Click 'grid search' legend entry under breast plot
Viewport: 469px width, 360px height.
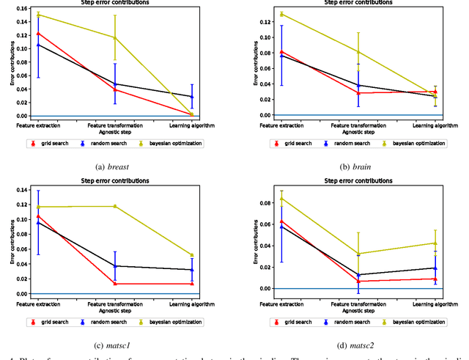tap(50, 144)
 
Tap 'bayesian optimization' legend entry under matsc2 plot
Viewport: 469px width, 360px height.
tap(417, 322)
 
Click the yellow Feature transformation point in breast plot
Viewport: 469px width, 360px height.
tap(114, 37)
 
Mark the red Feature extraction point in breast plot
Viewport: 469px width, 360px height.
tap(38, 33)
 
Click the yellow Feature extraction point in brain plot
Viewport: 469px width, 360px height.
tap(281, 14)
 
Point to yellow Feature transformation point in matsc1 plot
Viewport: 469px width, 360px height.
tap(114, 206)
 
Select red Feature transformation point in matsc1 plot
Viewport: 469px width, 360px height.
tap(114, 284)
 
